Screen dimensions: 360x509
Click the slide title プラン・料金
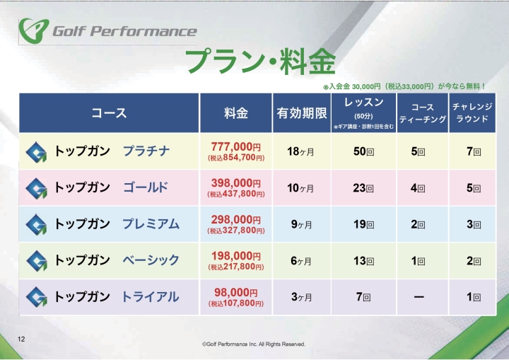259,62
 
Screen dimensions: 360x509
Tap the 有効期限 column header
302,113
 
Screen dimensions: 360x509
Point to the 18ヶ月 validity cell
302,151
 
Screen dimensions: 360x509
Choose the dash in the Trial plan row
419,297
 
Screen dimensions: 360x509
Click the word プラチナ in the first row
146,151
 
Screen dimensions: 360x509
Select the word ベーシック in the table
151,260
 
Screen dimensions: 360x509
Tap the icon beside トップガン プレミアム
36,224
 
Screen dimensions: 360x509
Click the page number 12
21,339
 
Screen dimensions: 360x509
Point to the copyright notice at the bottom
254,344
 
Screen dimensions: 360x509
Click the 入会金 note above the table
404,86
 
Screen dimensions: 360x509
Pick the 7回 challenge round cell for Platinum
473,151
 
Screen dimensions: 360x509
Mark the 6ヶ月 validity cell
302,261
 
